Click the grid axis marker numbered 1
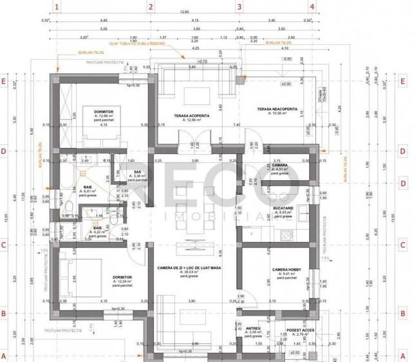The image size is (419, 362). pos(57,8)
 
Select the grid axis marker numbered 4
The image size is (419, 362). pos(312,8)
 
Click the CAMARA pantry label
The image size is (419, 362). pos(279,165)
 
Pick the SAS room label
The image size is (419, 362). pos(137,172)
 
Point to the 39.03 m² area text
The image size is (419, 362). pos(190,273)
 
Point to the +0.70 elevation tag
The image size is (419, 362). pos(203,61)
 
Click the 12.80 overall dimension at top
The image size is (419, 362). pos(185,12)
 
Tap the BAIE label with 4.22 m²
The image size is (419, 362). pos(97,230)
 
